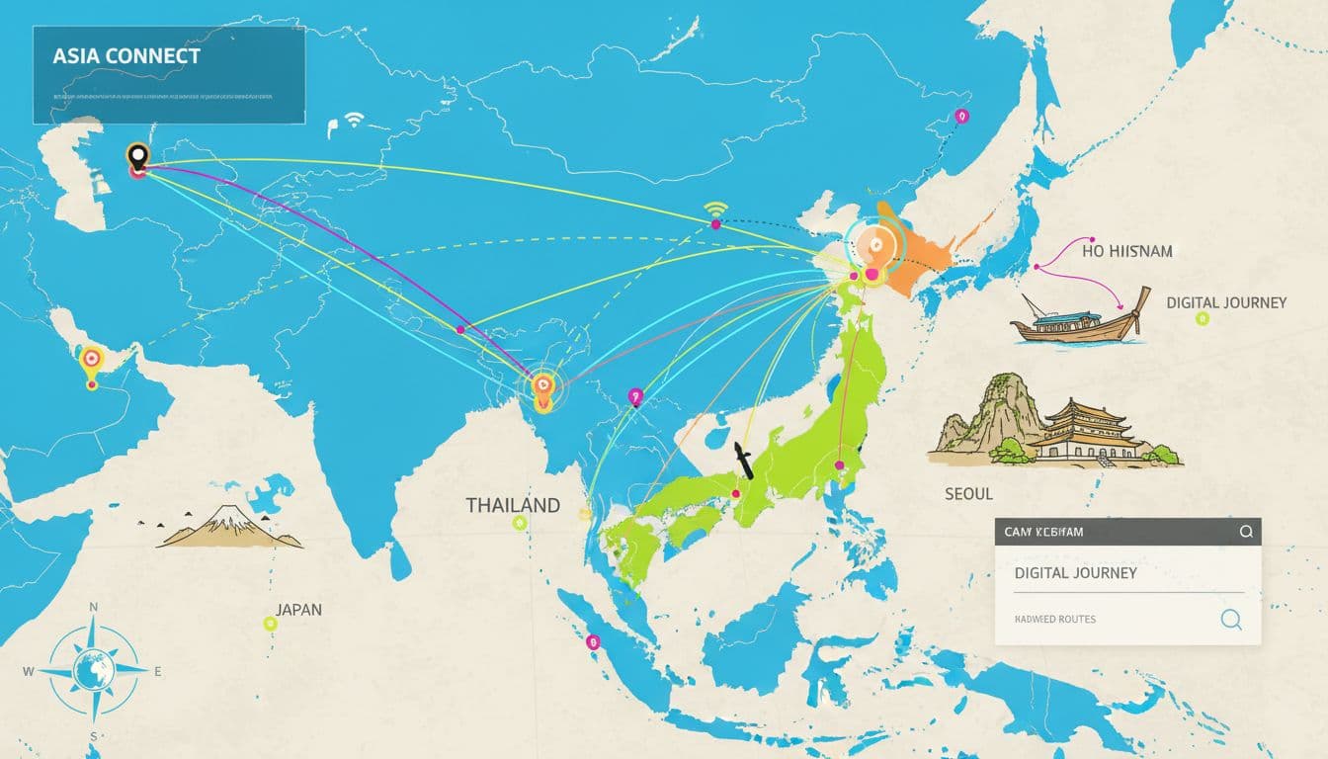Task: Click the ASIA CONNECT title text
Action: (x=125, y=55)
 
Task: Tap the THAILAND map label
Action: (x=513, y=505)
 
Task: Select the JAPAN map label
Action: (x=298, y=610)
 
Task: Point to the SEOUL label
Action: (x=968, y=492)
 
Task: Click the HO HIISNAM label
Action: (x=1126, y=251)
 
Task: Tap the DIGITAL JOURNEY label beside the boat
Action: (x=1226, y=302)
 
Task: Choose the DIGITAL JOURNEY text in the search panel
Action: (x=1075, y=573)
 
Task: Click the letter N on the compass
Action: (x=94, y=608)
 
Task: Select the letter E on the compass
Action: (x=157, y=671)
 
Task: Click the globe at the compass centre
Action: (x=94, y=672)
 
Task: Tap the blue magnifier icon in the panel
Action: (x=1230, y=620)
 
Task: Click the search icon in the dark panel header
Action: (x=1245, y=532)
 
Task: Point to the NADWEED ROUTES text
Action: (x=1054, y=620)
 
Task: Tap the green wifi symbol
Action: (x=715, y=208)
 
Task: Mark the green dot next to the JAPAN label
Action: (x=270, y=623)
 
